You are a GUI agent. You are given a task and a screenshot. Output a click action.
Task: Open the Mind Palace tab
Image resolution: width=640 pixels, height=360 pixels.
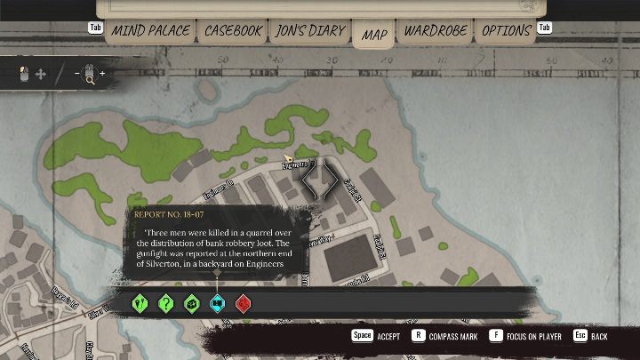150,31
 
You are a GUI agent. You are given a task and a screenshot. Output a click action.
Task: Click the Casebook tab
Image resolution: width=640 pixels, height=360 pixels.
233,31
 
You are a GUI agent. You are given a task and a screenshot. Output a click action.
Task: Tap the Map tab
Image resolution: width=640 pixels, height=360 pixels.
374,35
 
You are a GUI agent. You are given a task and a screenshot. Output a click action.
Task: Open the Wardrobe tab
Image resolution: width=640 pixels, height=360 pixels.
435,31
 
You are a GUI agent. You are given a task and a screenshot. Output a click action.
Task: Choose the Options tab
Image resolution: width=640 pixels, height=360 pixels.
507,31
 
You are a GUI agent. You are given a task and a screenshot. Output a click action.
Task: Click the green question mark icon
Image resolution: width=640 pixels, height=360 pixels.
165,303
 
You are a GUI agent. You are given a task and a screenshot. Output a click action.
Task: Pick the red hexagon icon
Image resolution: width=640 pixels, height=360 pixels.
244,303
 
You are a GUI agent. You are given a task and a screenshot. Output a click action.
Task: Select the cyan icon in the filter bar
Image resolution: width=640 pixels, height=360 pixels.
217,303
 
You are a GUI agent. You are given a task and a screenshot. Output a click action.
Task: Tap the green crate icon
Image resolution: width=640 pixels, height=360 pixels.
191,303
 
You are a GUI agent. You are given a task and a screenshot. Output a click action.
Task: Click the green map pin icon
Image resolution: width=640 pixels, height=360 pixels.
140,303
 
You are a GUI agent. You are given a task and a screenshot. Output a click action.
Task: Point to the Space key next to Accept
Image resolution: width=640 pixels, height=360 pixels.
362,336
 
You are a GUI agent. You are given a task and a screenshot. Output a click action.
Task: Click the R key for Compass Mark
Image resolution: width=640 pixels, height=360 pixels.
419,336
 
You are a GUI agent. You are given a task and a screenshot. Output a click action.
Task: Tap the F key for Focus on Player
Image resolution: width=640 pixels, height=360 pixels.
495,336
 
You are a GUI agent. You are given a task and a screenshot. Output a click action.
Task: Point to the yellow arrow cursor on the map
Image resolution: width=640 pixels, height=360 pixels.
288,158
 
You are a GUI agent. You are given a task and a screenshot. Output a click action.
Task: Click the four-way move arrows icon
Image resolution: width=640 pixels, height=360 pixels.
40,75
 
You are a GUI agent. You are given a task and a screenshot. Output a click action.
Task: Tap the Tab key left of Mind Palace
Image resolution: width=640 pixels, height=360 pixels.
96,28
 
